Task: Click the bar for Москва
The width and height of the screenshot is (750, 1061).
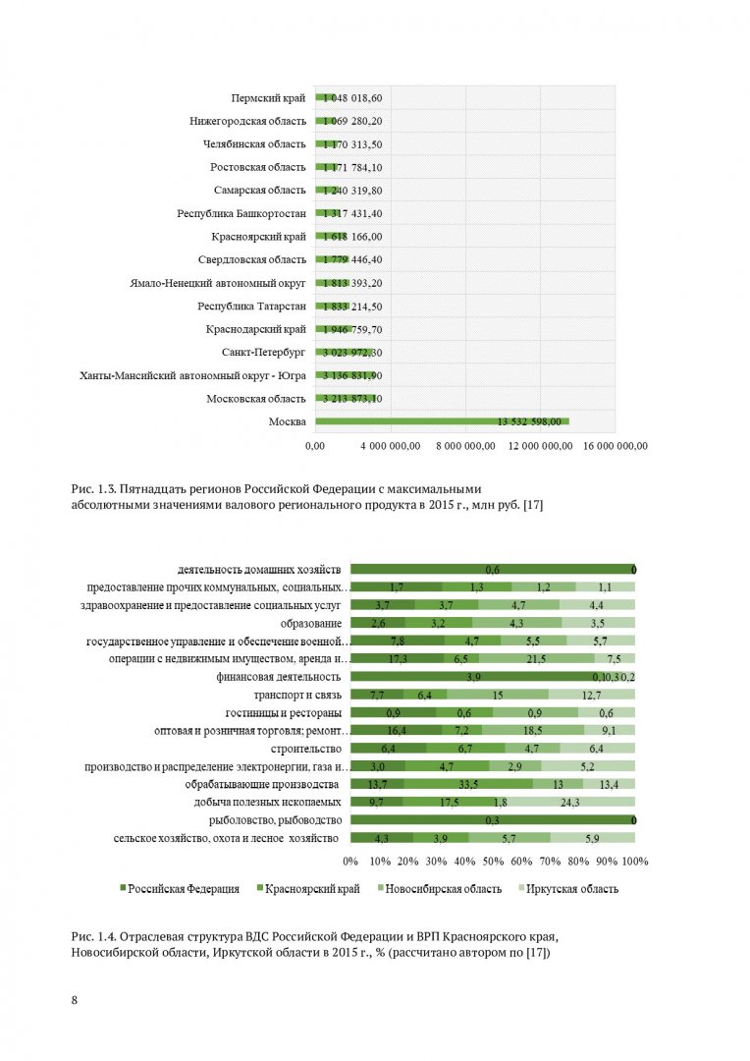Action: (x=442, y=421)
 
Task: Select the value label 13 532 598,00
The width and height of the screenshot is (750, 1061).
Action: (x=529, y=421)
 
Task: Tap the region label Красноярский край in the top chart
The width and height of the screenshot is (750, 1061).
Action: (x=259, y=237)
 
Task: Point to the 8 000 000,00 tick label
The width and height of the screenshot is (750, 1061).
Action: (x=465, y=446)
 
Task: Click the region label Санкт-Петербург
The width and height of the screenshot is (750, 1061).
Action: (x=264, y=353)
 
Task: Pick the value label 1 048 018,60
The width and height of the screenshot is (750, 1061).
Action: (x=352, y=98)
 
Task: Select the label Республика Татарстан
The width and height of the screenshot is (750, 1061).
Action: (x=251, y=307)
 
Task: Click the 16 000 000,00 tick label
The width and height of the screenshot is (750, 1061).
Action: (x=616, y=446)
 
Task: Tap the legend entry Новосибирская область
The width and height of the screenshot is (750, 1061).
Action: (x=440, y=889)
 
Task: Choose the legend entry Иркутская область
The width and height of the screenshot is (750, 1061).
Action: (x=568, y=889)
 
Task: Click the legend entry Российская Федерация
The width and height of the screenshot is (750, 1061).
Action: (x=180, y=889)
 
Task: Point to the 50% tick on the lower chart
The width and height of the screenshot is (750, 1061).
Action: (x=493, y=862)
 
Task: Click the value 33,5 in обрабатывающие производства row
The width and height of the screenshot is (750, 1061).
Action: (x=468, y=785)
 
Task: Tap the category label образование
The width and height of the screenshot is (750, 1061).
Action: (x=311, y=624)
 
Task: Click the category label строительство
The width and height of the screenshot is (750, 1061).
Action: (x=306, y=749)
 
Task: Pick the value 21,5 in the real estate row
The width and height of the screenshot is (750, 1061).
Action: (x=536, y=659)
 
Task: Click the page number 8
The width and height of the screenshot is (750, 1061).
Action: (x=75, y=1000)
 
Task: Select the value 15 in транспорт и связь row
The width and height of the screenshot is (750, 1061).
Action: (x=498, y=695)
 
